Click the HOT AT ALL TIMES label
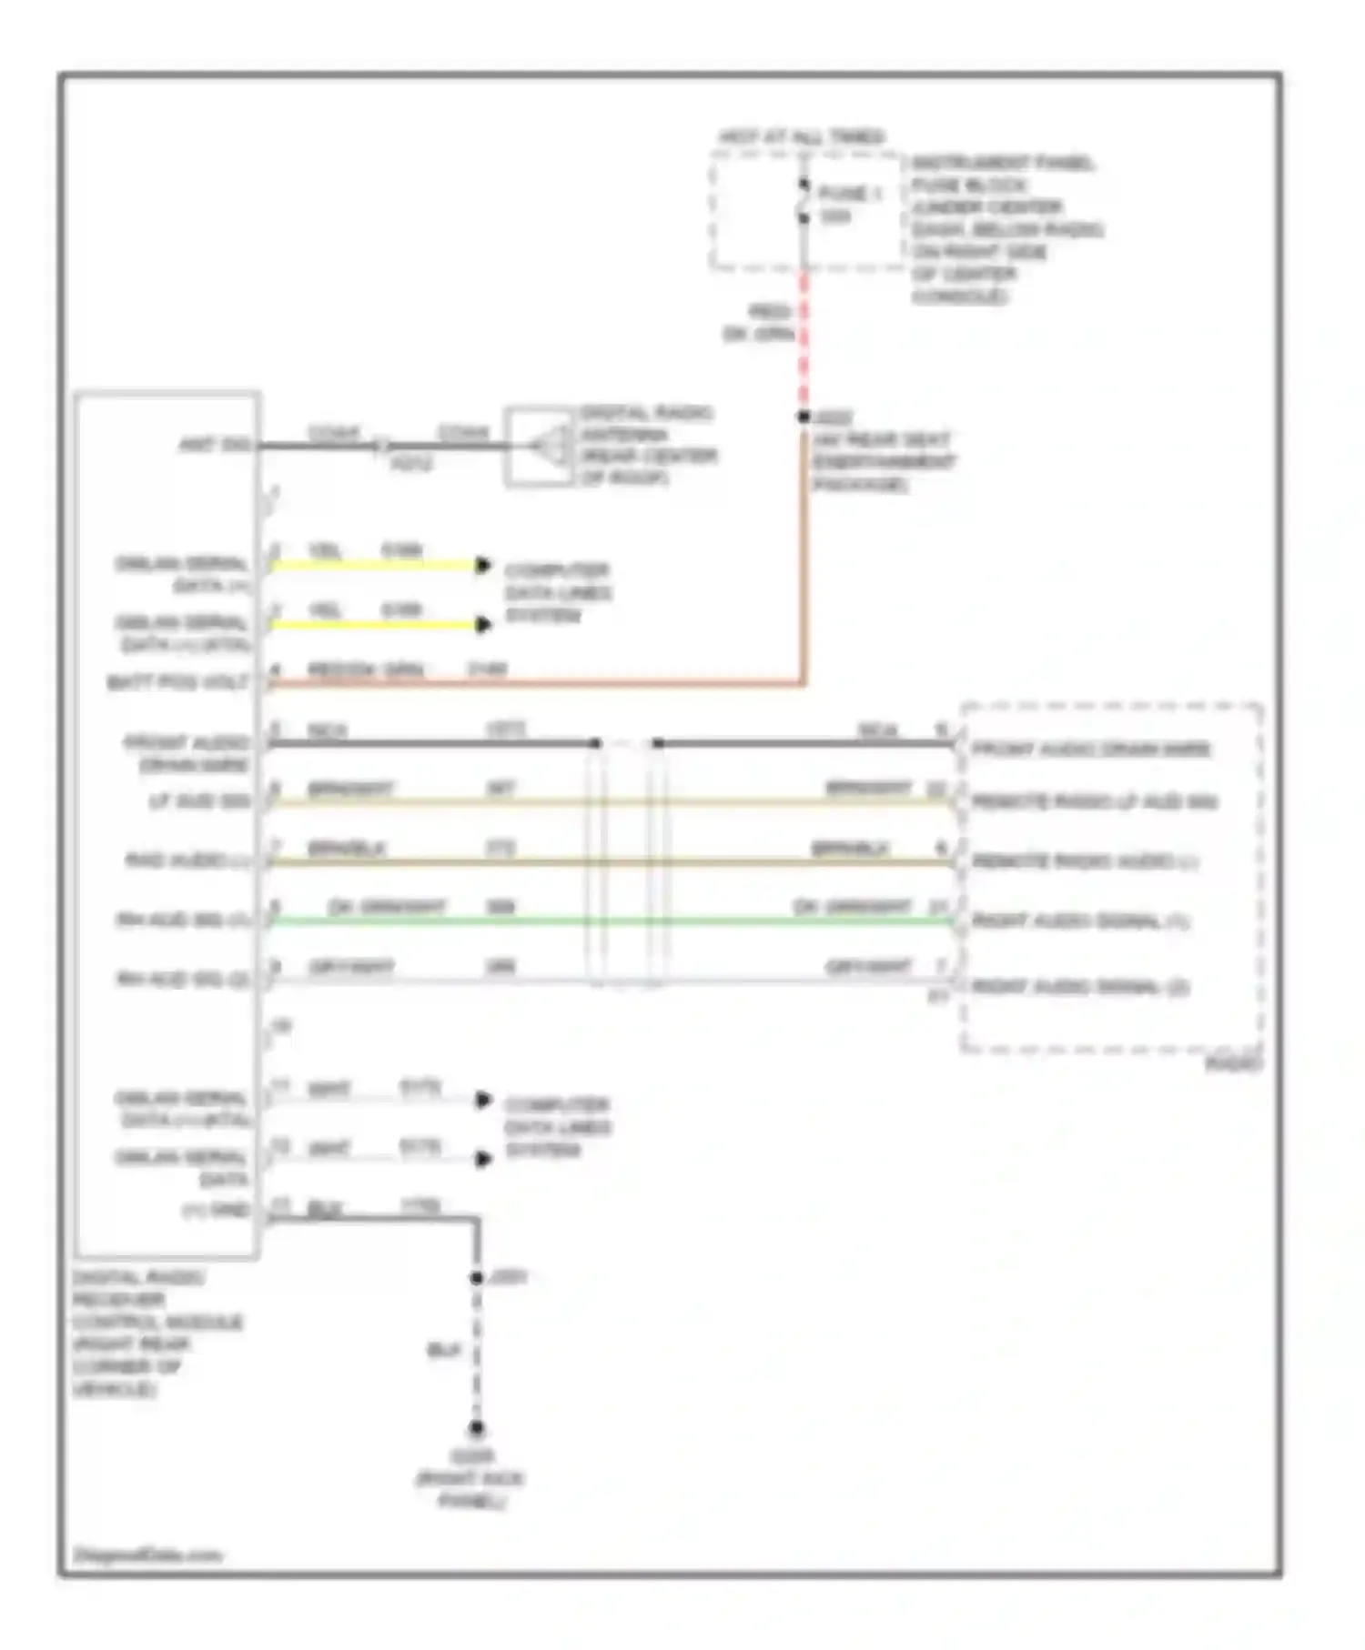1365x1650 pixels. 801,137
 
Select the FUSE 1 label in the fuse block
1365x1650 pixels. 850,194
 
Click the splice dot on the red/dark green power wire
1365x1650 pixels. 804,418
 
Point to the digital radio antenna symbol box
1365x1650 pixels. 539,446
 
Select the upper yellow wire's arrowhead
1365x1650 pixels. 483,566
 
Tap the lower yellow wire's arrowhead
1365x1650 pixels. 483,624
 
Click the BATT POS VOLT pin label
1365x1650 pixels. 178,682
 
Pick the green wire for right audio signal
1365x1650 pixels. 610,922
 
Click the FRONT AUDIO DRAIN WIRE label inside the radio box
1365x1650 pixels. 1091,750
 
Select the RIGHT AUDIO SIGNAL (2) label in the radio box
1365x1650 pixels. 1080,987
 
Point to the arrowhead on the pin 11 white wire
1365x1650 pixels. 483,1101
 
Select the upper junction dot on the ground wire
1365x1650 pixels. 476,1278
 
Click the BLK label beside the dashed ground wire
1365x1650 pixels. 444,1351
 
